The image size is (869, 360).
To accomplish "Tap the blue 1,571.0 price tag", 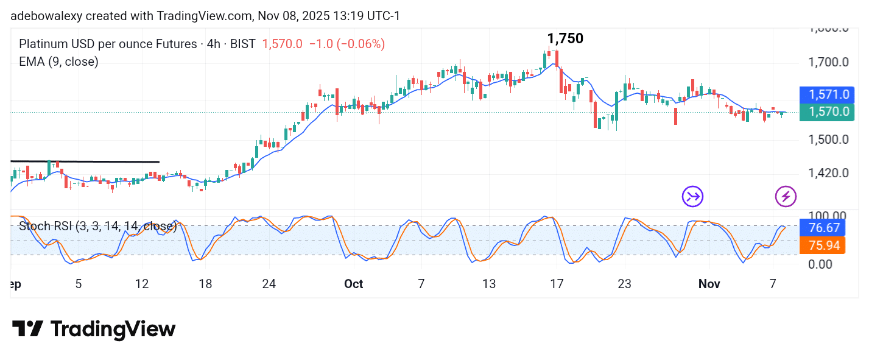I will tap(828, 94).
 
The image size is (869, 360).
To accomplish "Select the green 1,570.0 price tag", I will tap(828, 112).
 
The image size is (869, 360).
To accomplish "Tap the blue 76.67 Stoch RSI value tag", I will tap(828, 228).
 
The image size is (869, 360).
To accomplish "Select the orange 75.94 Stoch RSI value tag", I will tap(828, 245).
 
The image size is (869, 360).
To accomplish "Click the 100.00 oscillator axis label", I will tap(829, 216).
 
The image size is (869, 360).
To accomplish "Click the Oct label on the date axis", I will tap(353, 284).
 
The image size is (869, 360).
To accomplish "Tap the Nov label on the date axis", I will tap(709, 284).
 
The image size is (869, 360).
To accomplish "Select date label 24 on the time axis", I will tap(269, 284).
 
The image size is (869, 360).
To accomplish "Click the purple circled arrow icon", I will tap(692, 196).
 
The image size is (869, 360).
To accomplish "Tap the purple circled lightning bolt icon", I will tap(786, 196).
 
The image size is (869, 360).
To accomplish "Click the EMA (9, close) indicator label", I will tap(58, 62).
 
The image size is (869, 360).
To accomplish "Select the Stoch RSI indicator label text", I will tap(97, 227).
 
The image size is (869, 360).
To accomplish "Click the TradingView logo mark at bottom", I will tap(27, 330).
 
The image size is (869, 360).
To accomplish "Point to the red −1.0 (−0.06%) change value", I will tap(347, 44).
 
